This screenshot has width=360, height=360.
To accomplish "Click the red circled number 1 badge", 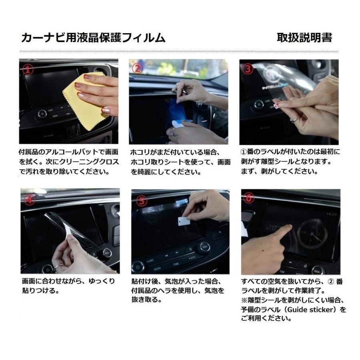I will tap(27, 70).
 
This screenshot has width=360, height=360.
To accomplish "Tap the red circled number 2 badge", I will tap(137, 68).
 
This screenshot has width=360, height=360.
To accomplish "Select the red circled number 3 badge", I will tap(248, 69).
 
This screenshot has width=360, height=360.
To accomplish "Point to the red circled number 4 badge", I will tap(30, 199).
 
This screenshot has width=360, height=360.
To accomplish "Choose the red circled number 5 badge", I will tap(140, 199).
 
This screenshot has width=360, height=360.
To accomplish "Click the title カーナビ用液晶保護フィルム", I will tap(93, 38).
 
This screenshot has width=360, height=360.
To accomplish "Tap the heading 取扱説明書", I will tap(304, 38).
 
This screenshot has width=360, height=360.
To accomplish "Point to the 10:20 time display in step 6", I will tap(332, 214).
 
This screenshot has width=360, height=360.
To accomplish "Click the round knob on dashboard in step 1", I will tap(42, 114).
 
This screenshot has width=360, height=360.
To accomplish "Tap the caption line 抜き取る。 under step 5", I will tap(146, 300).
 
